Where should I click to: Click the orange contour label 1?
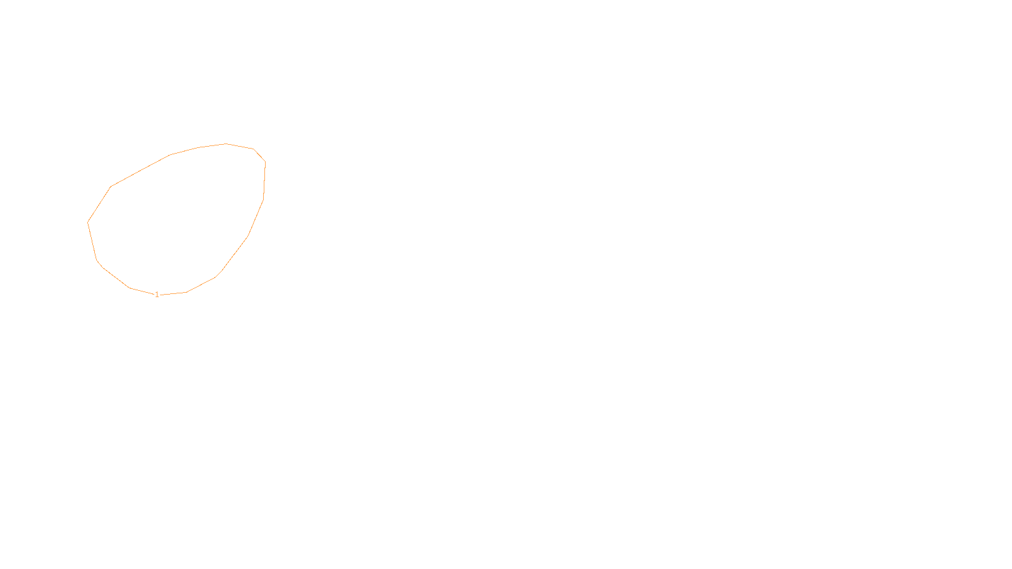click(157, 295)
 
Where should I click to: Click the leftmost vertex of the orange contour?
click(87, 222)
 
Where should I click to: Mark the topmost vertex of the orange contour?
click(226, 144)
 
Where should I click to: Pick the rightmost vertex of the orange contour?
click(265, 162)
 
